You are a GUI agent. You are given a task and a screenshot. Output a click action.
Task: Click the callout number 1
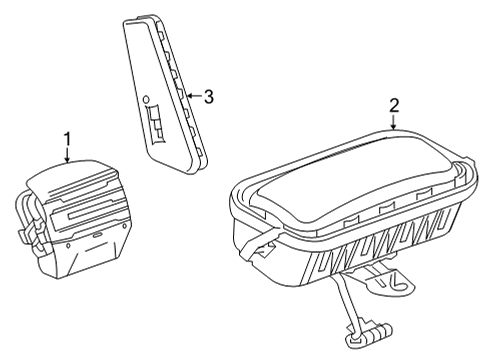click(x=68, y=139)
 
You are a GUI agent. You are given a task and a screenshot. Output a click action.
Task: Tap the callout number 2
click(x=394, y=106)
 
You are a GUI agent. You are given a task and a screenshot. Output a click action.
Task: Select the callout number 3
click(x=208, y=97)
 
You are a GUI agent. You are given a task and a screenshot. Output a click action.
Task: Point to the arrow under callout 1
click(x=68, y=155)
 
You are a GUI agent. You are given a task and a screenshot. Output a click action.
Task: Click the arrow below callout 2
click(x=394, y=122)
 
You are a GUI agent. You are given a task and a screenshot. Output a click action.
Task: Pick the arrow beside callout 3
click(x=195, y=96)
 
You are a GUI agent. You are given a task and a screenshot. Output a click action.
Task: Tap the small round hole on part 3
click(x=145, y=99)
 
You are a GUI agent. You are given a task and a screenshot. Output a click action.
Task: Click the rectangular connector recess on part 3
click(x=156, y=125)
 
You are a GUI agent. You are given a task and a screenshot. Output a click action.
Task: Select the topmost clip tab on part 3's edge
click(x=160, y=33)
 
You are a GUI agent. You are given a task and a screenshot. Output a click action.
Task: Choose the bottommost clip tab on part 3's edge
click(x=199, y=152)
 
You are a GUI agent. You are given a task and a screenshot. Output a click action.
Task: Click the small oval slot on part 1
click(x=97, y=235)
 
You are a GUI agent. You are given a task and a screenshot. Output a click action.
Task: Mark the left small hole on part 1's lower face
click(x=68, y=246)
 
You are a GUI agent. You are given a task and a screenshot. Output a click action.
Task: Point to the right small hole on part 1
click(x=125, y=227)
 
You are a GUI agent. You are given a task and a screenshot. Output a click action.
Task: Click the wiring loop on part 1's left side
click(x=27, y=210)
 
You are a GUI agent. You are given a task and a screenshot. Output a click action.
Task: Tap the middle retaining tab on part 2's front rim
click(x=387, y=209)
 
